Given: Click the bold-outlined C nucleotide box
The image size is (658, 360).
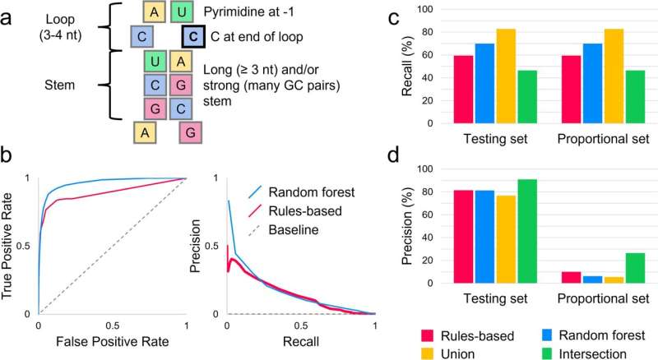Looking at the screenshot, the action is click(193, 36).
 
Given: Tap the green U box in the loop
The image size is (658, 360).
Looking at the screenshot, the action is click(182, 12).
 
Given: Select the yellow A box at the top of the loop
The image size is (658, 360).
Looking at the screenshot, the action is click(155, 12).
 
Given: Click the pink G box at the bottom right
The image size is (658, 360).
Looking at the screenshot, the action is click(190, 132).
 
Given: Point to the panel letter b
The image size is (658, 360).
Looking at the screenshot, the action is click(9, 155).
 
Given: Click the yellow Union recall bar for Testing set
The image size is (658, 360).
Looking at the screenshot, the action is click(506, 76).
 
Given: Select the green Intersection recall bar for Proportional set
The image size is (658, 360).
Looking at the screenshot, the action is click(635, 97).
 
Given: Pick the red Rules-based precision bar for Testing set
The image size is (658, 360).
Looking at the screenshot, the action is click(463, 237).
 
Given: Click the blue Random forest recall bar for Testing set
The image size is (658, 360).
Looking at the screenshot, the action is click(484, 84).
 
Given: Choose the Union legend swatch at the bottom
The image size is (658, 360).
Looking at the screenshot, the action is click(427, 353).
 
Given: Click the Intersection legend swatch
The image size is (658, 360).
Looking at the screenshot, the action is click(545, 353).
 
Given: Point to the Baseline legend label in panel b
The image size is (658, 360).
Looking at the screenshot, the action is click(294, 229).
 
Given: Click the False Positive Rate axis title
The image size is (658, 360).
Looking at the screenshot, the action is click(113, 341).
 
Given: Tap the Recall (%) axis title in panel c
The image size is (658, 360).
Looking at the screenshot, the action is click(407, 67).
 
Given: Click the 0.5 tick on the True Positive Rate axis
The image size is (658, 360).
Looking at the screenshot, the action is click(23, 246).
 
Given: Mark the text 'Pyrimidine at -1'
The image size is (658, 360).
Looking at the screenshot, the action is click(249, 12).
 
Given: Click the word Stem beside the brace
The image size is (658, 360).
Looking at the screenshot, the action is click(59, 85).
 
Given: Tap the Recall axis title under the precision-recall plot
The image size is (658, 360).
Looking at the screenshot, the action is click(301, 341).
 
